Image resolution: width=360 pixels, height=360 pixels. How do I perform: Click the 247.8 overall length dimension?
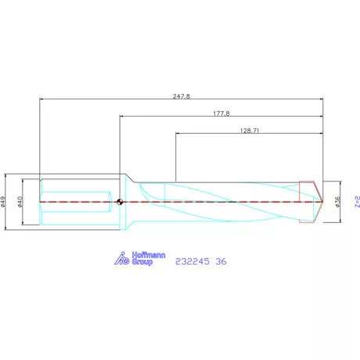[182, 96]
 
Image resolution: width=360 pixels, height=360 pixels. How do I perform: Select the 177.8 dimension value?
[221, 113]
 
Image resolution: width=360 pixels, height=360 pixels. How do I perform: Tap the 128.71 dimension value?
[250, 131]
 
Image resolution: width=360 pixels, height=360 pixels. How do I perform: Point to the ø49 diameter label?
[3, 202]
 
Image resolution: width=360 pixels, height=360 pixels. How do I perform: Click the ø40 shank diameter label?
[20, 202]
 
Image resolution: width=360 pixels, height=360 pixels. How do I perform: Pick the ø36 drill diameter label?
[337, 202]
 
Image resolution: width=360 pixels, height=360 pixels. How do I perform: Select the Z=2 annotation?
[357, 202]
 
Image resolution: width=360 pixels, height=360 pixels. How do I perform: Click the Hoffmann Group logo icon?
[122, 258]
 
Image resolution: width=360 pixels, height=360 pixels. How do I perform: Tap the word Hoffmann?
[149, 255]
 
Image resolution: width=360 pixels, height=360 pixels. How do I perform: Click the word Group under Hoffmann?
[142, 262]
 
